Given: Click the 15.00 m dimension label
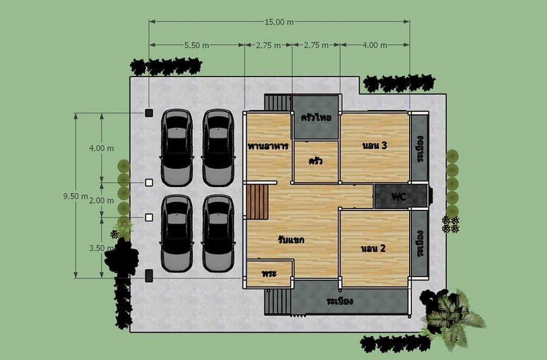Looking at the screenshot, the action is point(279,22).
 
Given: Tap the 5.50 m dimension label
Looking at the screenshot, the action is point(197,46).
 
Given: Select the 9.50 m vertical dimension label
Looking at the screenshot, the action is point(76,196).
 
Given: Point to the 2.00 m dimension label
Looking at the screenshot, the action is point(101,201).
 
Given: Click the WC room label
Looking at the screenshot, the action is point(399,197).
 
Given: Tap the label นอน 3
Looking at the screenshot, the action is point(374,145).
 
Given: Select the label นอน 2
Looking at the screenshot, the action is point(373,249).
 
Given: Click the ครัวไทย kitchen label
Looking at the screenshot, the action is point(316,117).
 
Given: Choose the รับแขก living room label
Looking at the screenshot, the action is point(291,240).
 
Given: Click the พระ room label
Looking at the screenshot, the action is point(269,273).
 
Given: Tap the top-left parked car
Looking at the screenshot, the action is point(177,148).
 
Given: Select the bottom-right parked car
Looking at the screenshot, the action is point(218,234).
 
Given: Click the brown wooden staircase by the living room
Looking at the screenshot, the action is point(258,202).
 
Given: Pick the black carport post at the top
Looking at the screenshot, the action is point(149,112).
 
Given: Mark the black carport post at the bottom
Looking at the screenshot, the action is point(149,275).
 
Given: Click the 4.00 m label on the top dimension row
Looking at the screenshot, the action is point(374,46).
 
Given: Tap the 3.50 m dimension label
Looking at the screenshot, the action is point(101,248).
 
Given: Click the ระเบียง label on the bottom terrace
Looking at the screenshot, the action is point(340,301).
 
